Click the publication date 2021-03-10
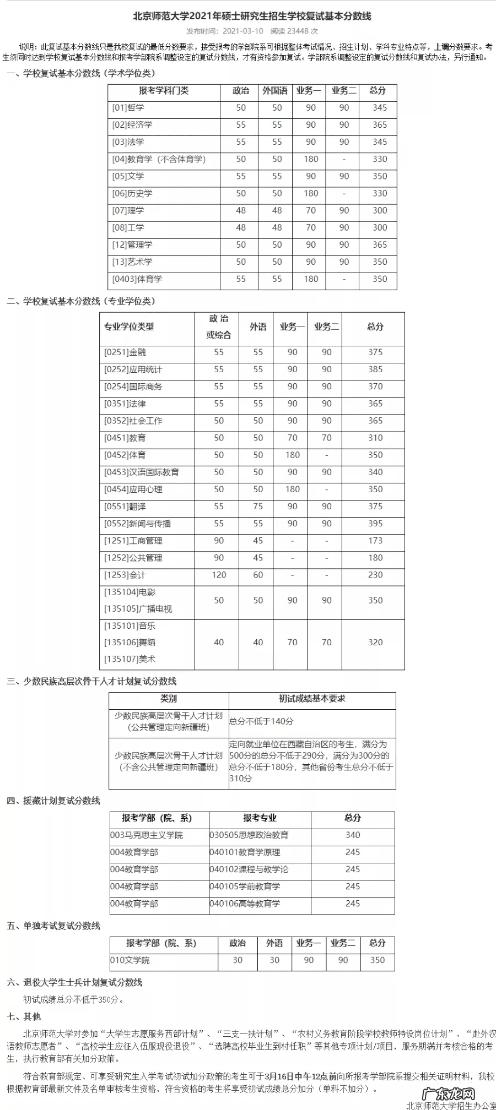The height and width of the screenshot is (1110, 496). tap(242, 31)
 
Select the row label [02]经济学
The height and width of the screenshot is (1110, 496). tap(132, 125)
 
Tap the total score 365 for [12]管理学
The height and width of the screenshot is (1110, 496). tap(379, 245)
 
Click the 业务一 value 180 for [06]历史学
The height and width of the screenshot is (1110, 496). tap(311, 193)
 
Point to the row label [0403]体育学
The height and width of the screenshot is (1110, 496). tap(137, 279)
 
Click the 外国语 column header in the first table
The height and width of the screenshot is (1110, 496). tap(275, 91)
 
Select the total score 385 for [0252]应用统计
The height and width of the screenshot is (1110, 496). tap(375, 369)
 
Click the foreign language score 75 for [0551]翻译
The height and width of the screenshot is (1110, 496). tap(258, 507)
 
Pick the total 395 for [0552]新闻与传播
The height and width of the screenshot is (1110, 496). tap(375, 524)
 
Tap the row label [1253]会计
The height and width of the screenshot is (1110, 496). tap(125, 575)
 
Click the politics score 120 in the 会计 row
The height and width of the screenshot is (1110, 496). tap(219, 575)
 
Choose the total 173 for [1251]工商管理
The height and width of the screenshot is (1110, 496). tap(375, 541)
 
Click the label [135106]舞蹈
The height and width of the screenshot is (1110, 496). tap(130, 643)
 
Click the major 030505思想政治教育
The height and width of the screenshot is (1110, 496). tap(249, 835)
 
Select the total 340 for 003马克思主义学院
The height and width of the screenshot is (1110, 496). tap(353, 835)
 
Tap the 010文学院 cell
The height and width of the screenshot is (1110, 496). tap(130, 960)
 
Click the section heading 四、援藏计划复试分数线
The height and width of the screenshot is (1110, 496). tap(53, 801)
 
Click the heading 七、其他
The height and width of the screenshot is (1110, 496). tap(24, 1016)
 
